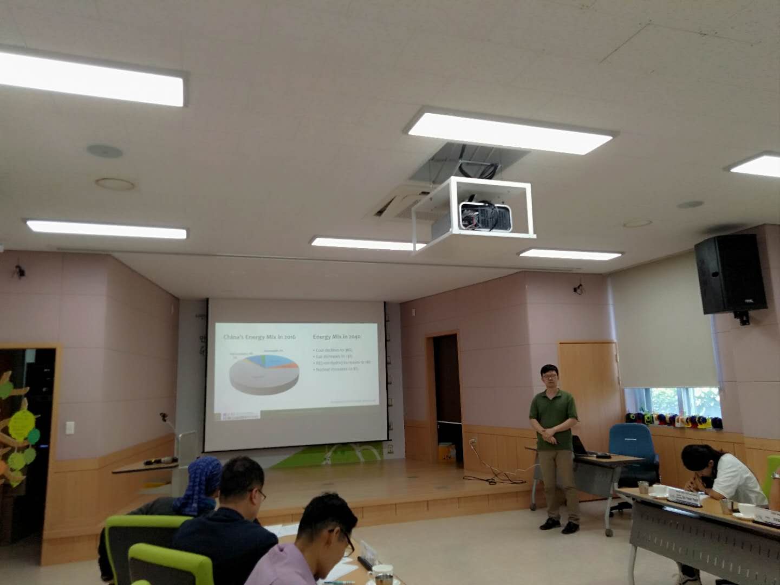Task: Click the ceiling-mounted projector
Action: click(486, 216)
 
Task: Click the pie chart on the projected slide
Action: click(264, 372)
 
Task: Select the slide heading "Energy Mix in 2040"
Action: click(336, 337)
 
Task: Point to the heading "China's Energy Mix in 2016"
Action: click(259, 337)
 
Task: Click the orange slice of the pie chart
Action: click(292, 366)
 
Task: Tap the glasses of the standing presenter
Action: click(549, 375)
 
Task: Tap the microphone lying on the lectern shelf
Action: click(161, 461)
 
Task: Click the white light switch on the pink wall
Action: click(70, 427)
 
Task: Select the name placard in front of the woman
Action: click(685, 495)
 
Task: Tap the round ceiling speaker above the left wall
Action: click(104, 151)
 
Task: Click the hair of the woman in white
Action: click(699, 457)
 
